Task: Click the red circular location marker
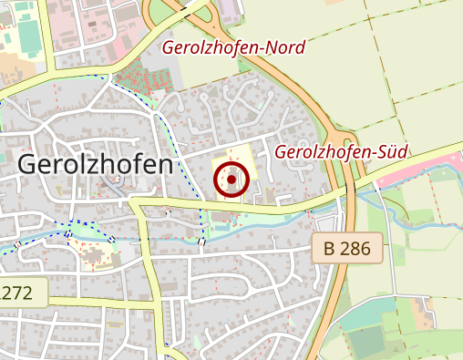point(231,180)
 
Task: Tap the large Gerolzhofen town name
point(95,165)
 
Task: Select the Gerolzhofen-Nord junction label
point(232,47)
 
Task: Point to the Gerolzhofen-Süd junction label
point(341,152)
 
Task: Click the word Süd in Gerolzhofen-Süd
point(390,152)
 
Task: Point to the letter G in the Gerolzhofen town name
point(27,165)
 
